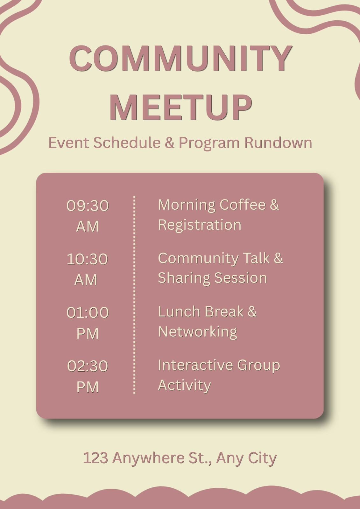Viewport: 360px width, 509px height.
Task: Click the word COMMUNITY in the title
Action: point(180,59)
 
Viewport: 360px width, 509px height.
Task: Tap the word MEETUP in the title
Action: point(181,107)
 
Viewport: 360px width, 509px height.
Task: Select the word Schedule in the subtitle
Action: point(127,143)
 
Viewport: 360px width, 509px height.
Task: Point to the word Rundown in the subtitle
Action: point(278,143)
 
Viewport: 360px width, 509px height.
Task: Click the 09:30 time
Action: point(88,206)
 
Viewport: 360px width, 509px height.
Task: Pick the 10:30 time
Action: point(87,259)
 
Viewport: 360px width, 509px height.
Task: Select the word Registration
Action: point(200,226)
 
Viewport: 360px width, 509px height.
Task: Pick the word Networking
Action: point(198,332)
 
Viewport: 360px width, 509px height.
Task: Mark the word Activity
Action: point(184,386)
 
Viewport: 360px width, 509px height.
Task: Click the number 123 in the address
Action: point(95,457)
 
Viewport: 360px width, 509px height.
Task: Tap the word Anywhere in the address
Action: point(148,458)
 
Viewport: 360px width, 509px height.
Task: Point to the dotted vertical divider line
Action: point(134,295)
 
